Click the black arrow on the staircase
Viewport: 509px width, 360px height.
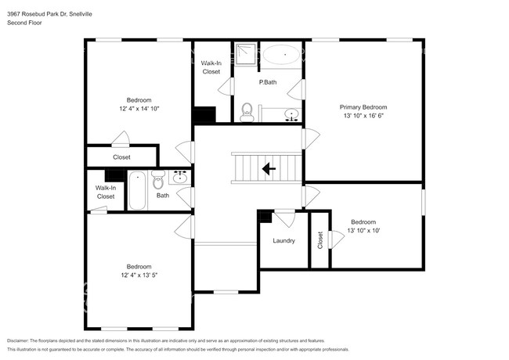point(268,167)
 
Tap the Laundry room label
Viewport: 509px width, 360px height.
point(283,240)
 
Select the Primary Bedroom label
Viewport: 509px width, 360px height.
point(363,107)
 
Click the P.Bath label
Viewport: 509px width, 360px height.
point(268,82)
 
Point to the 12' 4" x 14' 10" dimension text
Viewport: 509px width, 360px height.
point(139,108)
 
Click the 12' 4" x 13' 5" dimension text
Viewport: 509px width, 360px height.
point(139,275)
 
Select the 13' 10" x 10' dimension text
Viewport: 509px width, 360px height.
point(363,230)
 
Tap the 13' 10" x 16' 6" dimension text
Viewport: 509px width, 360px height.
point(363,116)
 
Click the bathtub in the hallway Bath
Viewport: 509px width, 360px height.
point(137,190)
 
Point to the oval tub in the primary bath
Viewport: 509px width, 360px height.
point(280,56)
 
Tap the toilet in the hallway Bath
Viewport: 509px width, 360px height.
point(157,178)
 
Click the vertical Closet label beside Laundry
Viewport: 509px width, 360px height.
point(319,241)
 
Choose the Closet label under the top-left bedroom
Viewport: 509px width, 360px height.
point(121,157)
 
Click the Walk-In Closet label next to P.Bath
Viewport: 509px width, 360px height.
point(211,67)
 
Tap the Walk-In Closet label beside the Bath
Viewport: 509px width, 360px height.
point(106,192)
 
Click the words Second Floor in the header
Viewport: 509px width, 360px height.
point(24,23)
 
